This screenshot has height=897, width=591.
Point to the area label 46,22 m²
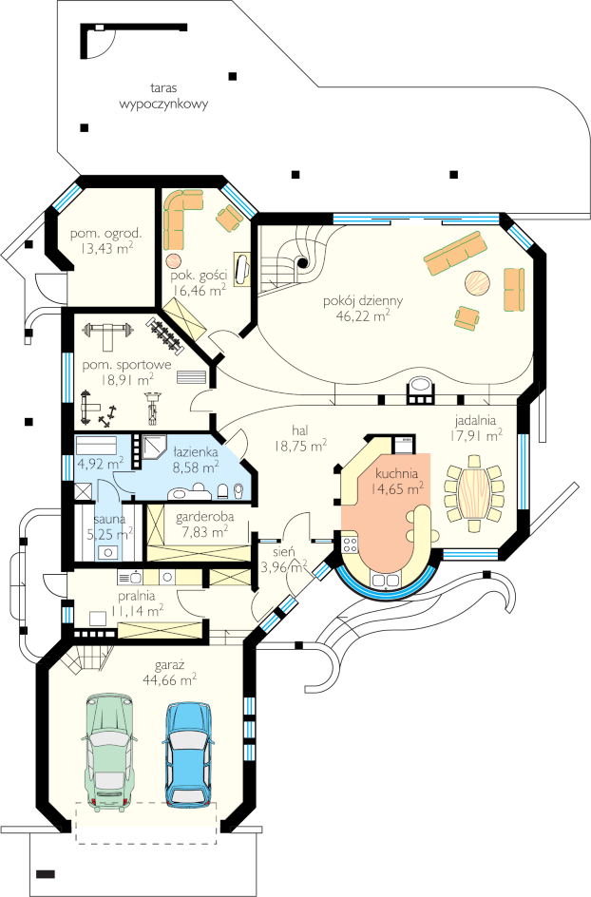[363, 315]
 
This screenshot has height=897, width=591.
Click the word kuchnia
[396, 473]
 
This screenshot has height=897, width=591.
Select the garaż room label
[170, 666]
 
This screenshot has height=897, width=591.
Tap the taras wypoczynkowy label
[163, 96]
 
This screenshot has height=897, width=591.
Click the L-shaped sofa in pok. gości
[181, 219]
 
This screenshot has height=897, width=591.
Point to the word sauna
[110, 520]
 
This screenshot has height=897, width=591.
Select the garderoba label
[205, 517]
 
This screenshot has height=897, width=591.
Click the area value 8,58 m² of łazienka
[196, 467]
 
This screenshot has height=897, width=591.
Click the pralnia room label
[136, 596]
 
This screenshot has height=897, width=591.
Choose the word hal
[300, 430]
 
